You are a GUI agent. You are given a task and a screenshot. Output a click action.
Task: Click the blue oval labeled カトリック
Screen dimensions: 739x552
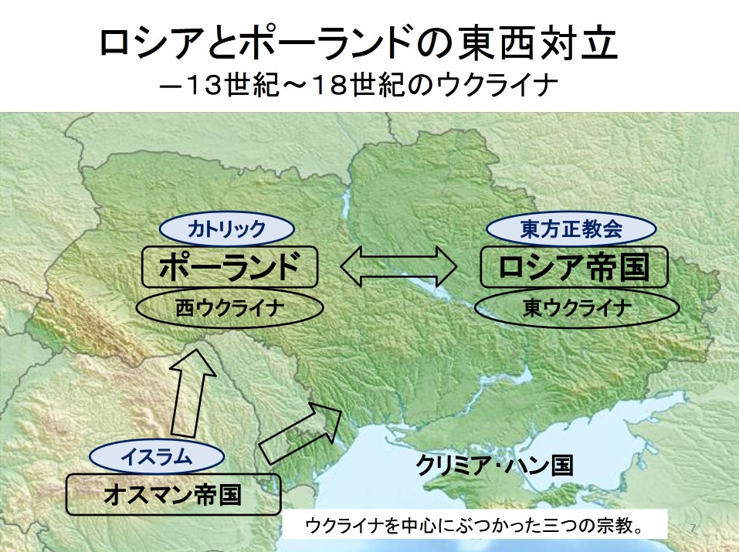pyautogui.click(x=227, y=229)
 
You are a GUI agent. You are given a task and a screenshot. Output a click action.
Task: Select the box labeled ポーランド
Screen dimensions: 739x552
pyautogui.click(x=230, y=267)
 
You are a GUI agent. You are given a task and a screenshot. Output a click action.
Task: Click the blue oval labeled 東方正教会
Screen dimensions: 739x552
pyautogui.click(x=571, y=229)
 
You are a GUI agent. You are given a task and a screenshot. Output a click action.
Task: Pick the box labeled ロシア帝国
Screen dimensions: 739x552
pyautogui.click(x=574, y=267)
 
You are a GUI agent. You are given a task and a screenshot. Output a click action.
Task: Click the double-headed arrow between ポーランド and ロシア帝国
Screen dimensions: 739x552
pyautogui.click(x=398, y=266)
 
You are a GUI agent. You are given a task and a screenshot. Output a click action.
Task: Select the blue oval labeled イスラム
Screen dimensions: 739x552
pyautogui.click(x=157, y=457)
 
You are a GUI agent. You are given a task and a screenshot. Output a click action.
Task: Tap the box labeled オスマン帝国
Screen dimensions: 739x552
pyautogui.click(x=173, y=495)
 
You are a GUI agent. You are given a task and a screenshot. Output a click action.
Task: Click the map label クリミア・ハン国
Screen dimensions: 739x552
pyautogui.click(x=494, y=466)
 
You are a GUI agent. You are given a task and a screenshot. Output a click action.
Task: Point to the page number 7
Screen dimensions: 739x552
pyautogui.click(x=693, y=528)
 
